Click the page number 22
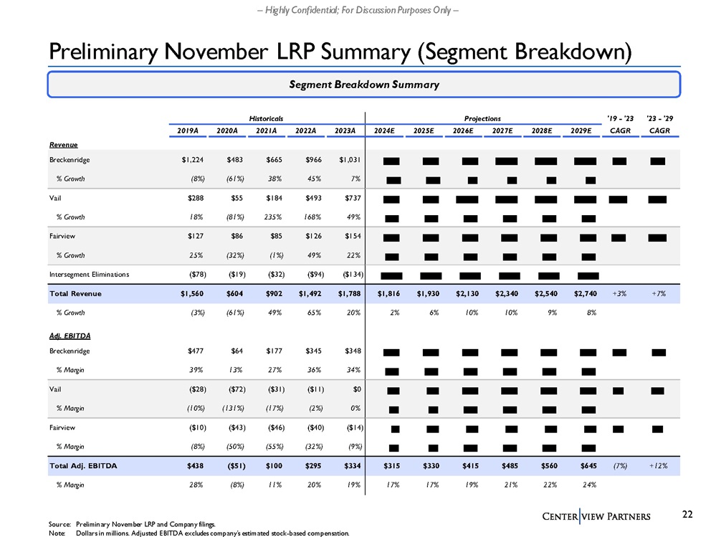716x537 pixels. pos(687,513)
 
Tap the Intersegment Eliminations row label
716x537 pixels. pos(90,275)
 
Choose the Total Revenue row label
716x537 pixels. pos(75,293)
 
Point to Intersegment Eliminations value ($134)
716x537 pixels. pos(347,275)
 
